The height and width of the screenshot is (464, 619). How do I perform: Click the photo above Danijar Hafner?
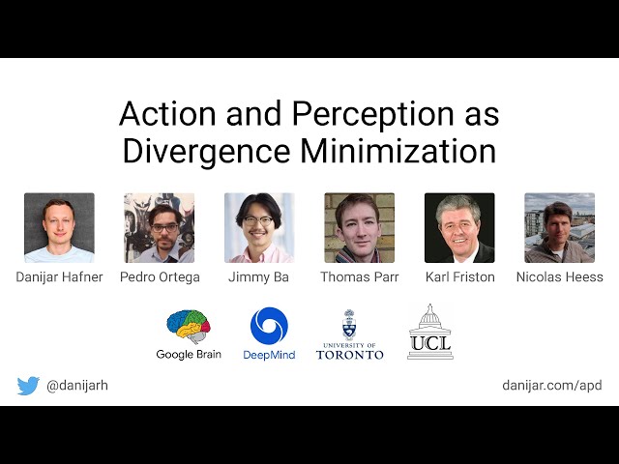click(x=59, y=228)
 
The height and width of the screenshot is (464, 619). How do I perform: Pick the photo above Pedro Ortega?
click(x=159, y=228)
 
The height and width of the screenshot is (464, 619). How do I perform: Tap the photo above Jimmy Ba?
click(x=259, y=228)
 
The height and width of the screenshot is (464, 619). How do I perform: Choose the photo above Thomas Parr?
click(x=359, y=228)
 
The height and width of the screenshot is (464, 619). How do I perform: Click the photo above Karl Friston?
click(x=459, y=228)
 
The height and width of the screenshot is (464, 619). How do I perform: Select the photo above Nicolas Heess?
click(x=559, y=228)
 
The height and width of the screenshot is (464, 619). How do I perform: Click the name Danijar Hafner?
click(x=59, y=277)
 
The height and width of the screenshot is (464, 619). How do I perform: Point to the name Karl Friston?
click(x=459, y=277)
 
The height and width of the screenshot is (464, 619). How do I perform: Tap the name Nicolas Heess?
click(x=559, y=277)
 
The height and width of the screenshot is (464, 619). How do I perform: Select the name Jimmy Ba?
click(x=259, y=277)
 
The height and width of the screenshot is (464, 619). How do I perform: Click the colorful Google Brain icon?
click(x=189, y=327)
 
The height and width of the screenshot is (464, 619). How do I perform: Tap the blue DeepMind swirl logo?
click(x=269, y=326)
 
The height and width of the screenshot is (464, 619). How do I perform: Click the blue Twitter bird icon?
click(x=28, y=386)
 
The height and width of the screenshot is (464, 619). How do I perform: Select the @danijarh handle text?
click(x=77, y=386)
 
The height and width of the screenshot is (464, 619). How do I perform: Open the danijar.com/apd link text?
click(x=551, y=386)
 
